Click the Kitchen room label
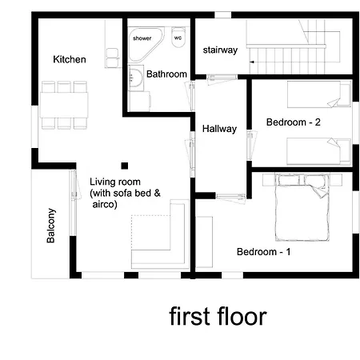(70, 59)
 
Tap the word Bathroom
(166, 74)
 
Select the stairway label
(220, 50)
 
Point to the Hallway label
(219, 129)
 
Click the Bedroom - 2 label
(294, 122)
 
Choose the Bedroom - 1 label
(264, 252)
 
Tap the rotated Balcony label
(50, 226)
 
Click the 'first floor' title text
(218, 317)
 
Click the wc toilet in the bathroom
(178, 37)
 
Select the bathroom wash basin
(136, 78)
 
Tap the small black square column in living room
(125, 166)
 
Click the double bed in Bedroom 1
(302, 207)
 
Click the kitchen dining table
(64, 105)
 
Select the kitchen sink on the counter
(112, 58)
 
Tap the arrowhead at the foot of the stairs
(251, 62)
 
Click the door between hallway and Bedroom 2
(251, 145)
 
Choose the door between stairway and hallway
(222, 78)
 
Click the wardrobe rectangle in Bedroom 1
(204, 242)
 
